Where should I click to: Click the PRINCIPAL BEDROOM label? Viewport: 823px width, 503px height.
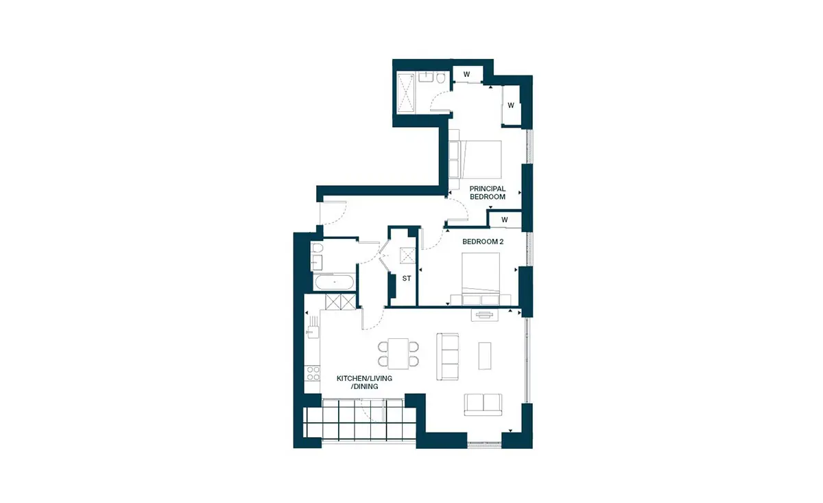(x=488, y=193)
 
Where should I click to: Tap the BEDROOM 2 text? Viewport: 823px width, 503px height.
(x=483, y=242)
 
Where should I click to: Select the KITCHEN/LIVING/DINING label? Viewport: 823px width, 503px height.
(x=364, y=382)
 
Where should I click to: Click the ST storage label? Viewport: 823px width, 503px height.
(x=406, y=279)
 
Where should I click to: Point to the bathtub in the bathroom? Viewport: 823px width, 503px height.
(x=335, y=283)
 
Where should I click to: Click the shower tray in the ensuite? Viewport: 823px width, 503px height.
(x=406, y=93)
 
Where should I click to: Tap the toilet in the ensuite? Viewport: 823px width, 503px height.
(x=441, y=78)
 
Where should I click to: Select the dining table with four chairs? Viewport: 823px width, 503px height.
(x=398, y=353)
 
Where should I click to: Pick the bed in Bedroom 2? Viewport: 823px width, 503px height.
(x=481, y=273)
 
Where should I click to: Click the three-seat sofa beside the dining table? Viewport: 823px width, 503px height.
(x=447, y=356)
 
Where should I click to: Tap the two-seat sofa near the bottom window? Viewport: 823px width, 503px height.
(x=483, y=404)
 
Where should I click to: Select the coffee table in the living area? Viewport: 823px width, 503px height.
(x=485, y=355)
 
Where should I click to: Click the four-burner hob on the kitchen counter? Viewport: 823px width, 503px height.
(x=313, y=373)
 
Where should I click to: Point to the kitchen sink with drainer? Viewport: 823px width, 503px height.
(x=313, y=327)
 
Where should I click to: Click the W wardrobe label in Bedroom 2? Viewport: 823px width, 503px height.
(x=505, y=220)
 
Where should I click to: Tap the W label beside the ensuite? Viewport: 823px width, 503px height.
(x=466, y=74)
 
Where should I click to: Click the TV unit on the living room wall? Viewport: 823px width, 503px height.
(x=485, y=315)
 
